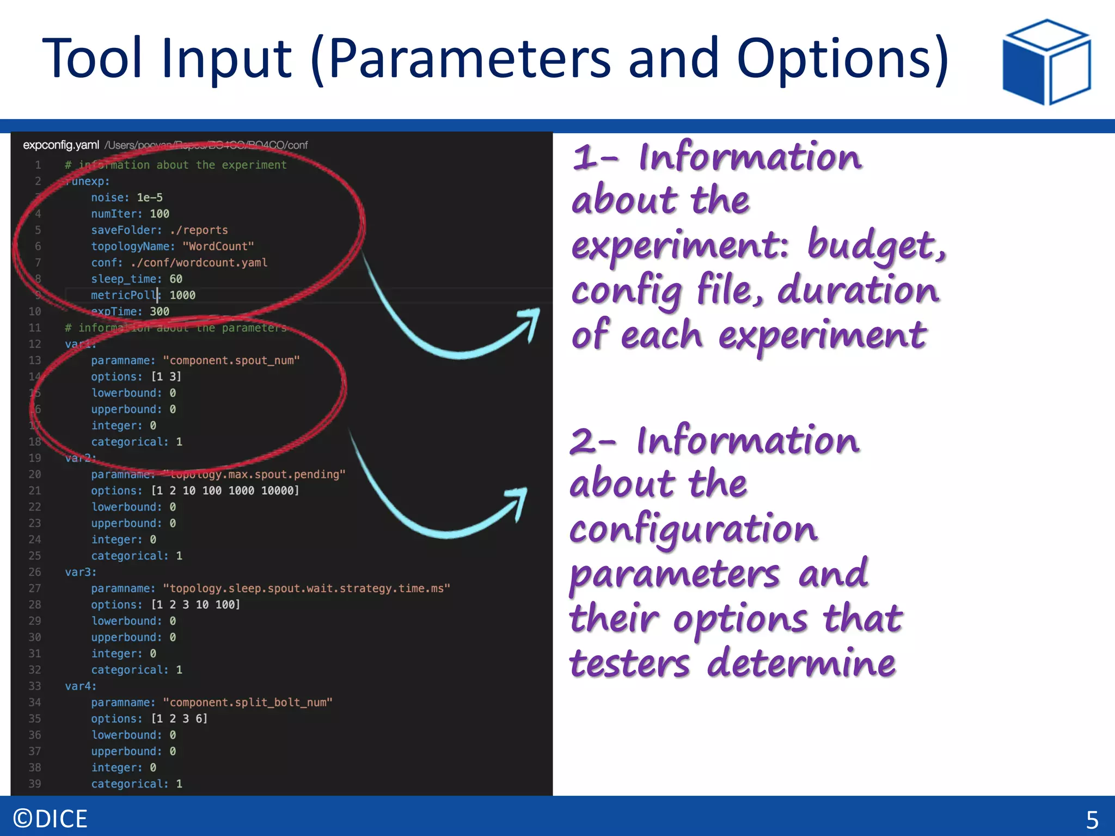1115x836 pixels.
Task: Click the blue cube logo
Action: click(x=1046, y=62)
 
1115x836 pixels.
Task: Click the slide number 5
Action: click(x=1092, y=820)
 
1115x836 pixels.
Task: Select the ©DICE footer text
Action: click(x=50, y=819)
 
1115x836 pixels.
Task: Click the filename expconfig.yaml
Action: click(x=61, y=145)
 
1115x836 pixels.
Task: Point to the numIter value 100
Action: click(x=160, y=214)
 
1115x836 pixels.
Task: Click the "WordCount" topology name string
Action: click(x=218, y=247)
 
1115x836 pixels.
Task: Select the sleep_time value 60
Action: click(x=176, y=279)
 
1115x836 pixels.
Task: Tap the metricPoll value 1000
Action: click(x=182, y=296)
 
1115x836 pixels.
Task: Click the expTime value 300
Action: click(x=160, y=312)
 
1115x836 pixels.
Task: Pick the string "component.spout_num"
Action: click(x=231, y=360)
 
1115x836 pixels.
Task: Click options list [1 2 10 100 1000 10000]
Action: click(x=225, y=491)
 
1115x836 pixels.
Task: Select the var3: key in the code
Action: click(x=81, y=572)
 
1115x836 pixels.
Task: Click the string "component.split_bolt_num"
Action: click(x=248, y=703)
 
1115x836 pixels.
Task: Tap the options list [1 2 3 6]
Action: click(x=179, y=719)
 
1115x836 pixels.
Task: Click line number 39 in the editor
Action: click(x=35, y=784)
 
